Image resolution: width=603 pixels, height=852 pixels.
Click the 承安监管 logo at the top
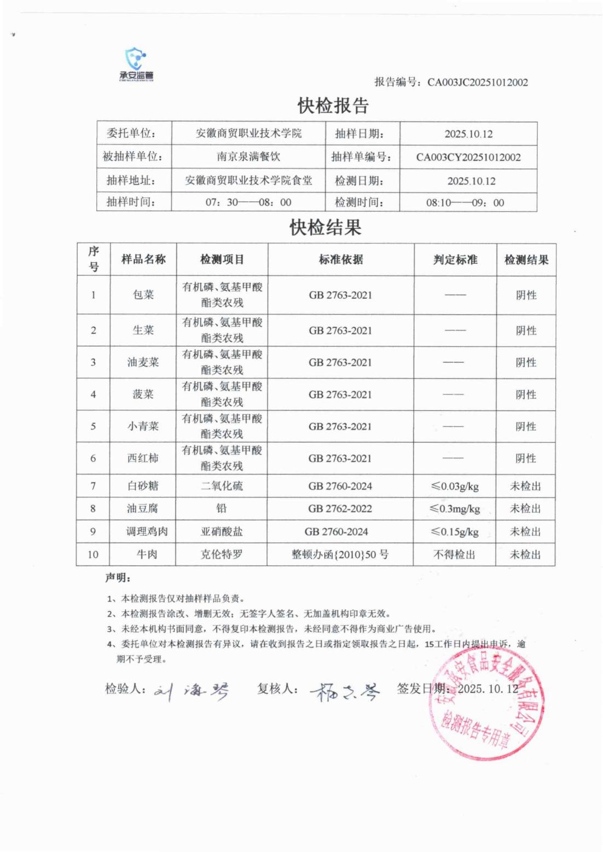136,65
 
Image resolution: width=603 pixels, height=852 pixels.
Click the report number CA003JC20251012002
477,83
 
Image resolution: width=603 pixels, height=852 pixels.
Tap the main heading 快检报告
333,106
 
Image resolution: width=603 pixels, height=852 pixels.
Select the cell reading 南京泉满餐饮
248,157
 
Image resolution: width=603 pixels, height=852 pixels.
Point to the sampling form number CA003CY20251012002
468,158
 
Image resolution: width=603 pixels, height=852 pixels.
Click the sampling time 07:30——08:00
248,202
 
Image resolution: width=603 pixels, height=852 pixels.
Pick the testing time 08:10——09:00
465,203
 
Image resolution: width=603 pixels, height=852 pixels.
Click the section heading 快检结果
326,227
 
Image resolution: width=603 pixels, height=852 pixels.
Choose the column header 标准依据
341,259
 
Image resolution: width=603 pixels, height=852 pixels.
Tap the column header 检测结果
526,260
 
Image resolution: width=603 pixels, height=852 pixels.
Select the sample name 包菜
143,295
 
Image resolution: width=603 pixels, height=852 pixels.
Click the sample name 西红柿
143,459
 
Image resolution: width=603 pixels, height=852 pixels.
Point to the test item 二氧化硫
222,486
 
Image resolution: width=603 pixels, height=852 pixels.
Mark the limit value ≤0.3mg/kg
455,509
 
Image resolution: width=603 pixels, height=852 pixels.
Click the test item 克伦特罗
222,554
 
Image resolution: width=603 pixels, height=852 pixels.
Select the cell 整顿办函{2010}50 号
340,554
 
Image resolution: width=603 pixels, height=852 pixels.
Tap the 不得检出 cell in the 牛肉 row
455,554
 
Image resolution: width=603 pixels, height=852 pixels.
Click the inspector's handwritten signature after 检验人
192,692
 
